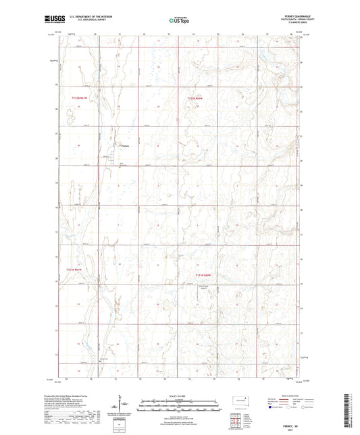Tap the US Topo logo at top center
click(x=179, y=21)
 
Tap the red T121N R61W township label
click(x=77, y=270)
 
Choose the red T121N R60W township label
click(x=204, y=276)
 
